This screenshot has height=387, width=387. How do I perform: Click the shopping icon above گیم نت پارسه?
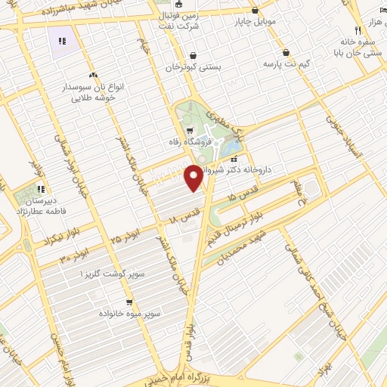286,52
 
